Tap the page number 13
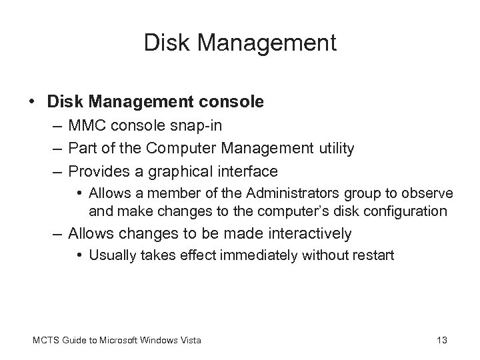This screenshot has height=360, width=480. pos(441,340)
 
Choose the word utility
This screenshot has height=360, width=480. pos(334,149)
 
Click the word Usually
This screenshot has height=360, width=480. pos(110,254)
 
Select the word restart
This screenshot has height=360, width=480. pos(373,254)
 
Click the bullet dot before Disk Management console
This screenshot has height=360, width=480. pos(33,102)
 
